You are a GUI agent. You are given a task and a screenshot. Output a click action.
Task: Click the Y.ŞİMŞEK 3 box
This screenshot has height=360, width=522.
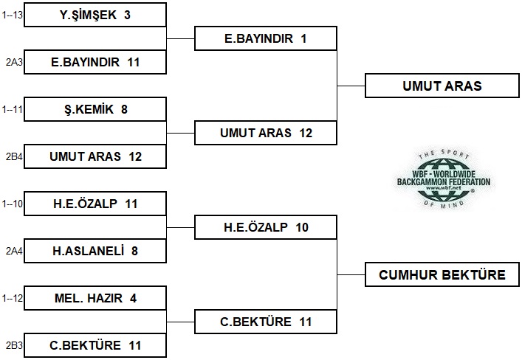95,15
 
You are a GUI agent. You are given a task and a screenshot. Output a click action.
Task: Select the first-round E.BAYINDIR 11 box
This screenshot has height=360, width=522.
95,62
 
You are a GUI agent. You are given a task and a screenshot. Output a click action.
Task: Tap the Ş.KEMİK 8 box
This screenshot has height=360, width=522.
95,109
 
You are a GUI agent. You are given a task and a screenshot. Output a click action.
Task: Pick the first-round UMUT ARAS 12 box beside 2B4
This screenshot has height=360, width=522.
95,156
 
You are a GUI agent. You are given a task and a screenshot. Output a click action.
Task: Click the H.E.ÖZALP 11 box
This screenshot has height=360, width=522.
95,204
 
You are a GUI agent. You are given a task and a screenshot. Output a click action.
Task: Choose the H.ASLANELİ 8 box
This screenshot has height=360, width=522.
95,251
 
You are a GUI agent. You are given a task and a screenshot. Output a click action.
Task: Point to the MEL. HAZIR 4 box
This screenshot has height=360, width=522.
95,298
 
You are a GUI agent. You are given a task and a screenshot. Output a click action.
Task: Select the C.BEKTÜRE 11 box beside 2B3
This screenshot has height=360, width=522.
95,345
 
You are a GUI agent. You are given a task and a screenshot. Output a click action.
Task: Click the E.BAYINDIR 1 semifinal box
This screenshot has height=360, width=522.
265,38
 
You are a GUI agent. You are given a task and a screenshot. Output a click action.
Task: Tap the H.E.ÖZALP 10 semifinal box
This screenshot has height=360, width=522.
265,227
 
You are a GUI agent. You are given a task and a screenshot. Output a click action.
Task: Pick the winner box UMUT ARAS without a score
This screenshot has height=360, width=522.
442,86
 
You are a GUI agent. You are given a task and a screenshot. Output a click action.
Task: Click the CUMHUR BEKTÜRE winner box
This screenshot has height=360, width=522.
442,275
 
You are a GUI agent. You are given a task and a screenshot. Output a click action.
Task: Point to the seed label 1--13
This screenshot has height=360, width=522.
13,14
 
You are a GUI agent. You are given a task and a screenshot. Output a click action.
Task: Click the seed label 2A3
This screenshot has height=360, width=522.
13,62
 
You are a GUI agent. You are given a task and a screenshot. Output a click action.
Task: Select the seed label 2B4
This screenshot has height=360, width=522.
13,156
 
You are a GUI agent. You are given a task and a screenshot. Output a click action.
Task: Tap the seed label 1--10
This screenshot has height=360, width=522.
13,204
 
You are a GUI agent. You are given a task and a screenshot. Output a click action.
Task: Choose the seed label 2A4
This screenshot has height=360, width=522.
13,251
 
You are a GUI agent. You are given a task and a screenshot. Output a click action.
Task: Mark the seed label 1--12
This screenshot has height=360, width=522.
13,298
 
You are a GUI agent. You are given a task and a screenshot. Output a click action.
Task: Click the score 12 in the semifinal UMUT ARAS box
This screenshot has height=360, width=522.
306,134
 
